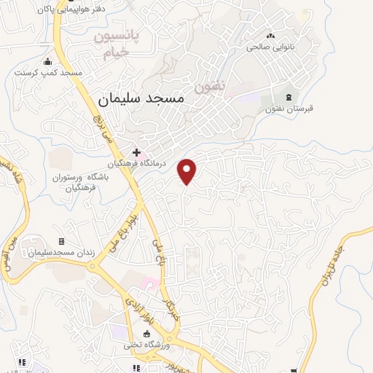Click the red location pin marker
tap(188, 171)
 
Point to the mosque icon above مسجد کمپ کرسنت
tap(49, 61)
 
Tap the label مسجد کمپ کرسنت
tap(49, 74)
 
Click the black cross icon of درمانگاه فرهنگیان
tap(136, 152)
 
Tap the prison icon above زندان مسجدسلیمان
tap(61, 241)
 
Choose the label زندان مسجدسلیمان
tap(61, 253)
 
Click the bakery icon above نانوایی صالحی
tap(272, 35)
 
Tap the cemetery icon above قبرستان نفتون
tap(289, 97)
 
